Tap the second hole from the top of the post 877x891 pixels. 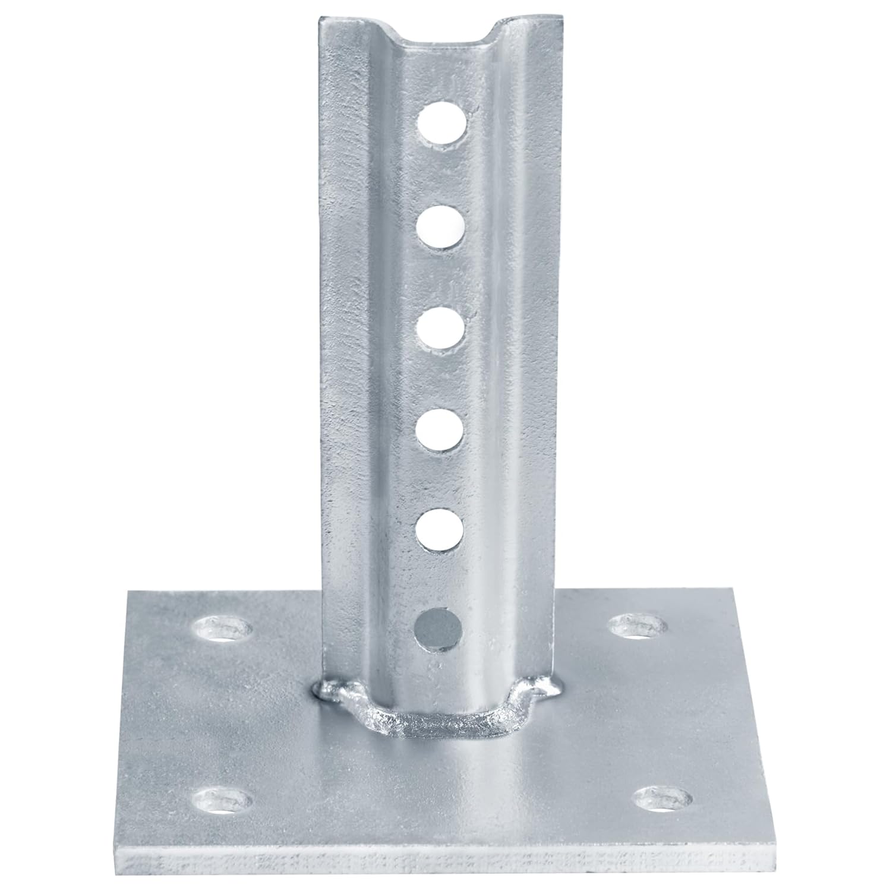(x=441, y=228)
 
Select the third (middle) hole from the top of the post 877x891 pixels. (x=441, y=330)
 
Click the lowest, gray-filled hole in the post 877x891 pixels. (x=440, y=631)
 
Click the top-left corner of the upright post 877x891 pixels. (x=321, y=19)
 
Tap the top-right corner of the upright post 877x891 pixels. (x=557, y=18)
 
